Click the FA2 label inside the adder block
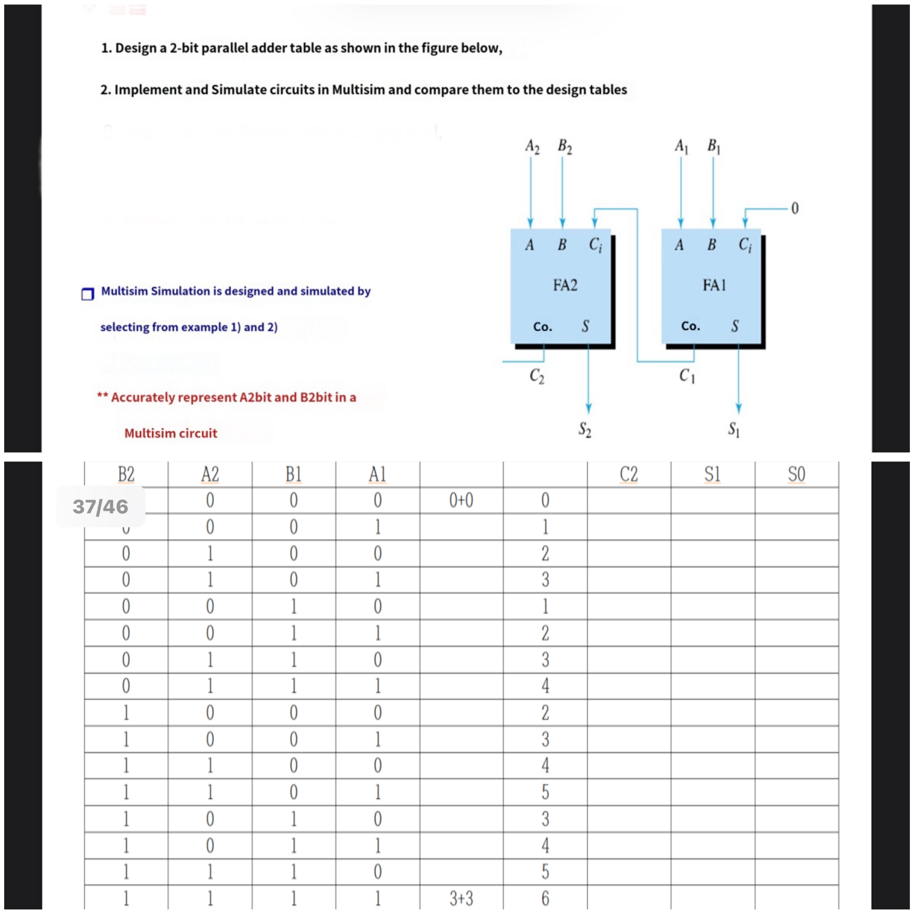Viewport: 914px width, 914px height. tap(565, 285)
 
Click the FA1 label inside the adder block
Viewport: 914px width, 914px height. tap(714, 285)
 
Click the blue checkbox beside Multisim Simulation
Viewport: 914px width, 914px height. tap(88, 294)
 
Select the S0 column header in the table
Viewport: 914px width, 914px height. tap(796, 474)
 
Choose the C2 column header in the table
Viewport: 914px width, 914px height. tap(629, 474)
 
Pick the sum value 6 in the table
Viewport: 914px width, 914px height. tap(545, 898)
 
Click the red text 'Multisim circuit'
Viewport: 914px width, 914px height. tap(171, 433)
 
